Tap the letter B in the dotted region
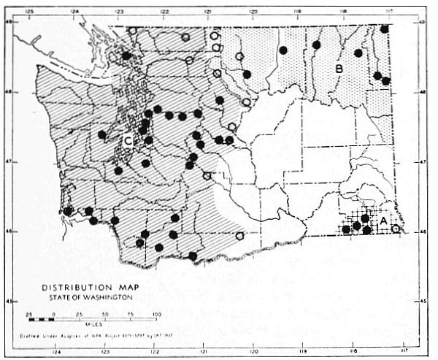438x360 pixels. coord(339,69)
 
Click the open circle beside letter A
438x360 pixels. coord(396,229)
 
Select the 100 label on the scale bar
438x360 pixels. coord(154,313)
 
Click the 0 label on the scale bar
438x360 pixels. coord(54,313)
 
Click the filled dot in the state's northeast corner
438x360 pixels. coord(384,28)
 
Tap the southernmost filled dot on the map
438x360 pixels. coord(193,256)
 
